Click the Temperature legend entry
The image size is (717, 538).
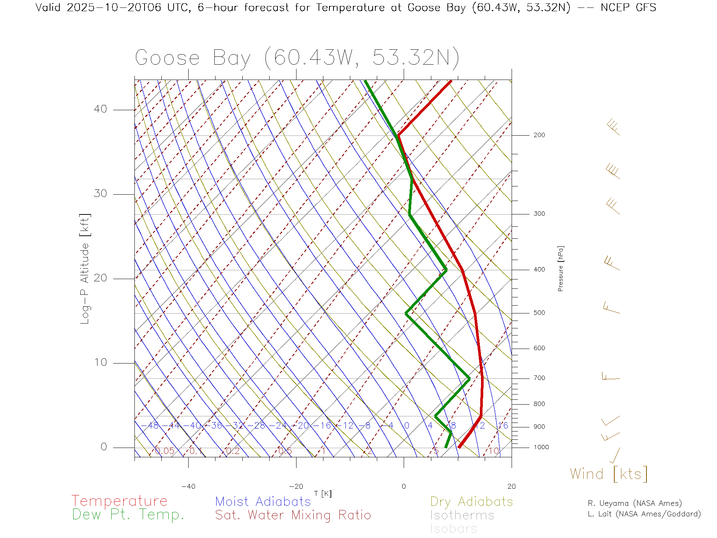point(119,501)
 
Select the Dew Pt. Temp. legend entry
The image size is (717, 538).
point(128,515)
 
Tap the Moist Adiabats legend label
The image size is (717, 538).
point(263,501)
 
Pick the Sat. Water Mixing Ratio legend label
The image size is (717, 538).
point(293,515)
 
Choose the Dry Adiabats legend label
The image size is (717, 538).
point(471,501)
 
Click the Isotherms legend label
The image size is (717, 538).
point(462,515)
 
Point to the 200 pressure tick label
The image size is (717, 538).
point(539,135)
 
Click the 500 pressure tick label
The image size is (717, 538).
point(539,313)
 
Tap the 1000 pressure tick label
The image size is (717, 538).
point(541,447)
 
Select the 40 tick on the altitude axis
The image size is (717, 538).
point(100,109)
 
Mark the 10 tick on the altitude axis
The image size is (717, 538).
point(100,362)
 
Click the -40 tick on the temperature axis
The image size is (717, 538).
point(188,486)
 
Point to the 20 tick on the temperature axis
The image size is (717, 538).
point(511,486)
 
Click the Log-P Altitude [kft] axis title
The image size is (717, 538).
point(85,269)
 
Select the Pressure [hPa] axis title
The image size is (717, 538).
point(561,268)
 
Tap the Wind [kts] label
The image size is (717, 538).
point(609,474)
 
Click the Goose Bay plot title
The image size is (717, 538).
point(297,58)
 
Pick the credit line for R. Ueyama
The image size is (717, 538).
point(634,503)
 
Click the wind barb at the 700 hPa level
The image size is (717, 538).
point(610,377)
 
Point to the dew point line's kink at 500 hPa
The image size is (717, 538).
point(406,313)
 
